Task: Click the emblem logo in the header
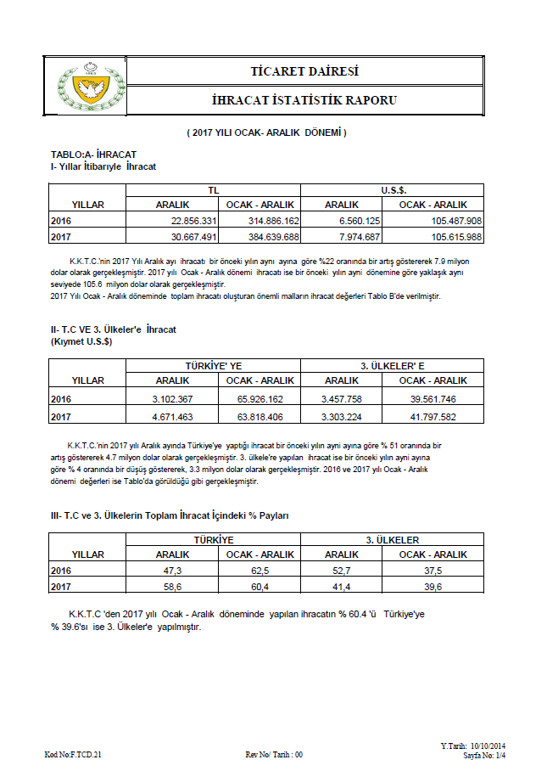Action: (83, 86)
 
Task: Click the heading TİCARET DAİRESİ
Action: (304, 70)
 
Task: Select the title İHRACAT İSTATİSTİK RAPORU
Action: (304, 100)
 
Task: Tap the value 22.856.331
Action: (190, 221)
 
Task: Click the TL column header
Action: (214, 190)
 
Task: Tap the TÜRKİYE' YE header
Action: (214, 365)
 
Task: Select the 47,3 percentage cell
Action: (173, 571)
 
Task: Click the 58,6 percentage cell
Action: (173, 587)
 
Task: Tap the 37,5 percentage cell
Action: (433, 571)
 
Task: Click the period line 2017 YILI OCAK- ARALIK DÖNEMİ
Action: (267, 133)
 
